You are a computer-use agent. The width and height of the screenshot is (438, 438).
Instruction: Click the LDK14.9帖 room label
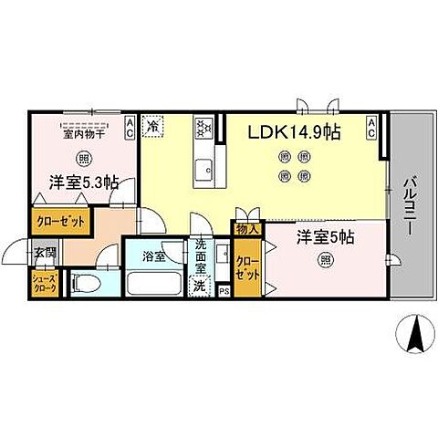coord(296,133)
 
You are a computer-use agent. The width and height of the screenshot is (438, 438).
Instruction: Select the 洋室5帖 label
coord(325,237)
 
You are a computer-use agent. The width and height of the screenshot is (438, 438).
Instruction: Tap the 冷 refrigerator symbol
coord(154,125)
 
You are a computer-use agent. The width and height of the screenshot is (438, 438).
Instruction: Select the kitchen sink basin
coord(204,168)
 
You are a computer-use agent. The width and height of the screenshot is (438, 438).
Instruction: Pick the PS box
coord(223,291)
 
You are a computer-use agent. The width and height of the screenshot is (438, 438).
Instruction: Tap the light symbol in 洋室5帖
coord(326,260)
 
